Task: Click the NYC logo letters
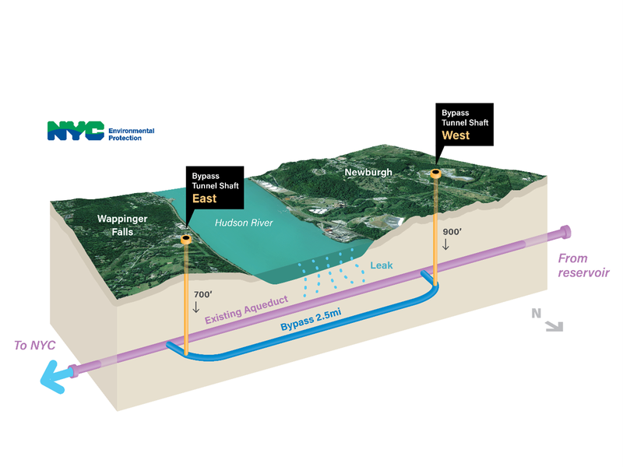(x=76, y=131)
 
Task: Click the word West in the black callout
(x=456, y=135)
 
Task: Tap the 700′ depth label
(x=202, y=295)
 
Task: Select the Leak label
(x=382, y=265)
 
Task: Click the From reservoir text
(x=583, y=265)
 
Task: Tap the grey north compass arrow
(x=554, y=326)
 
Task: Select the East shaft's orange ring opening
(x=186, y=239)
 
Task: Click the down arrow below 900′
(x=445, y=244)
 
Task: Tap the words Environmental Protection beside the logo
(x=131, y=134)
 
